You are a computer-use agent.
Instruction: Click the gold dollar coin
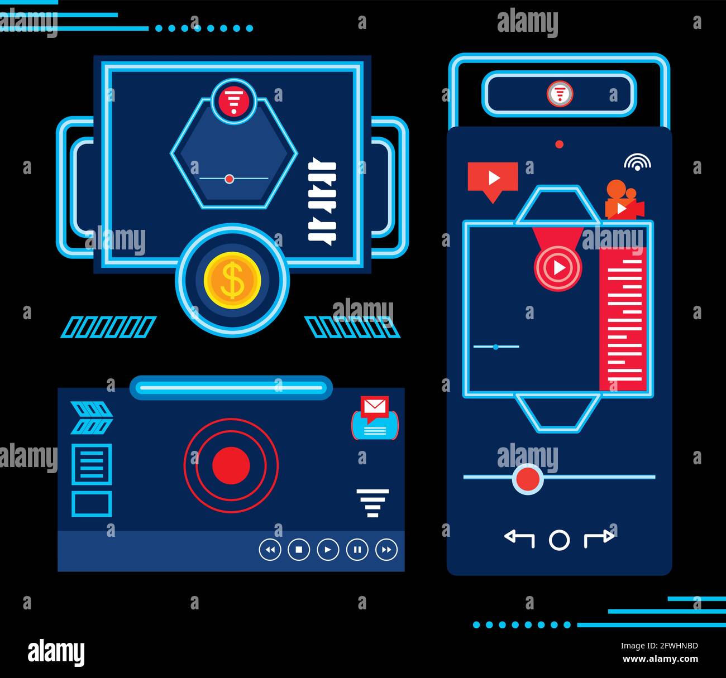(232, 280)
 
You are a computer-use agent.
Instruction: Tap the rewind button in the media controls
(270, 550)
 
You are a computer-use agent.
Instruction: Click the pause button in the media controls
(357, 550)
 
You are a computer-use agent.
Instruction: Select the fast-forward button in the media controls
(386, 550)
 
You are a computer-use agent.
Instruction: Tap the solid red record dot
(231, 465)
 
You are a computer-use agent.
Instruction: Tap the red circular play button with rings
(557, 268)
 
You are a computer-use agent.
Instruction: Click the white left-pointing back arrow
(519, 538)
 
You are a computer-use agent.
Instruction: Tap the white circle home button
(560, 540)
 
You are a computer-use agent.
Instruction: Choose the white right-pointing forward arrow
(599, 538)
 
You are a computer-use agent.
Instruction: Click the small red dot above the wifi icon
(560, 145)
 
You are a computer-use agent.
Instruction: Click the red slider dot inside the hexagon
(229, 179)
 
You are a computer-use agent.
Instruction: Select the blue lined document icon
(92, 464)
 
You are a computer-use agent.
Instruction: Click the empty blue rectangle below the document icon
(92, 504)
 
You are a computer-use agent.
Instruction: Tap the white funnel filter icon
(372, 503)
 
